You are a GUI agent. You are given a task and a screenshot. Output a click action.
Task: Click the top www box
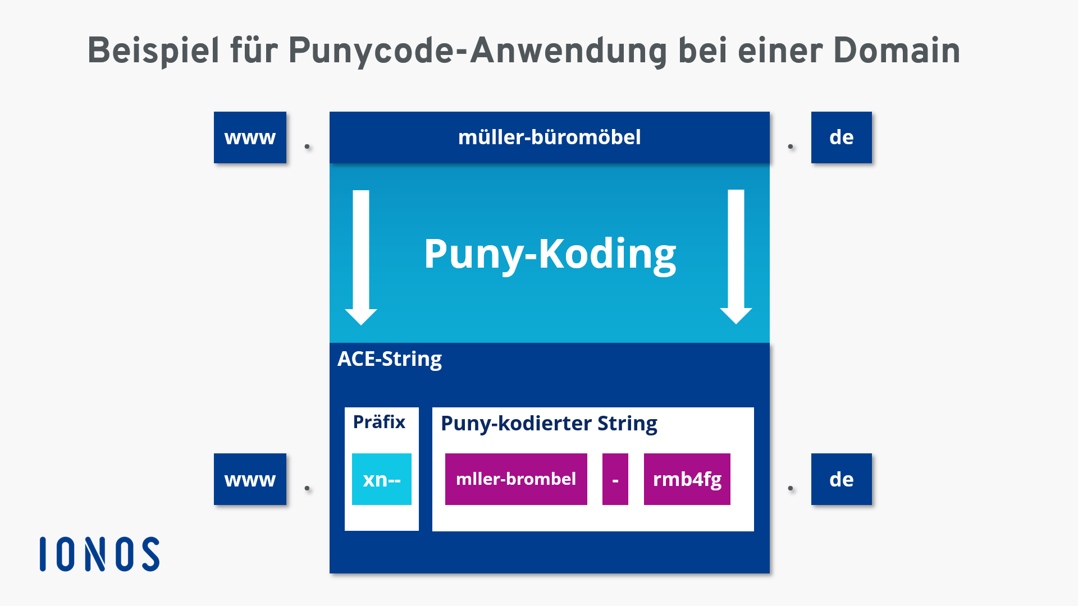[250, 137]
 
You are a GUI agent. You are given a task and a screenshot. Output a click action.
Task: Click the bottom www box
[250, 479]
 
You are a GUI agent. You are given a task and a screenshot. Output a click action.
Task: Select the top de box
[841, 137]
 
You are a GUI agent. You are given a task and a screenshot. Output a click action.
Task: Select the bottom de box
[841, 479]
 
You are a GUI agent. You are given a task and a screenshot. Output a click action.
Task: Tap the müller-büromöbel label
[549, 137]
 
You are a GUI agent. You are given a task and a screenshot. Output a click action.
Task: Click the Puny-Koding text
[550, 254]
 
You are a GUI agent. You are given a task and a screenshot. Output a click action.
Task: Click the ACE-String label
[389, 359]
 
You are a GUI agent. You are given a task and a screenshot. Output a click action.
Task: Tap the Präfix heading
[379, 422]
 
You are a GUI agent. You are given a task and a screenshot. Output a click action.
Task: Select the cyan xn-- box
[382, 479]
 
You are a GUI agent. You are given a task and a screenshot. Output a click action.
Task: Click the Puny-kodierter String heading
[549, 423]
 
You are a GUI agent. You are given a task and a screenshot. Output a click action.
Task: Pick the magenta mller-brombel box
[516, 479]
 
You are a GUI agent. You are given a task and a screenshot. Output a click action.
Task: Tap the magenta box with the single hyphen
[615, 479]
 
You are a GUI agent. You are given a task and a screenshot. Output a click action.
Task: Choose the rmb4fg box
[687, 479]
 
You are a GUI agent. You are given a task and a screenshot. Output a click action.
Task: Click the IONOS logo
[100, 554]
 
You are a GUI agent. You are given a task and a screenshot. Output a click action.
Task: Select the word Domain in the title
[897, 51]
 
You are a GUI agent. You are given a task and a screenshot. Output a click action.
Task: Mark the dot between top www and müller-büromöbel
[307, 146]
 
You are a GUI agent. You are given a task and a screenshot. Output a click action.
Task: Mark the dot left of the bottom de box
[791, 488]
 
